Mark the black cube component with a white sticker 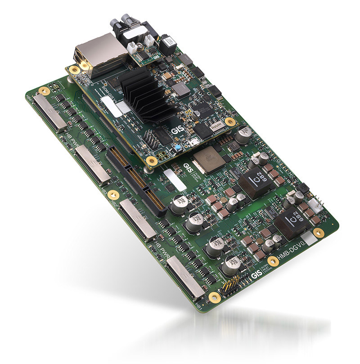click(x=170, y=43)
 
